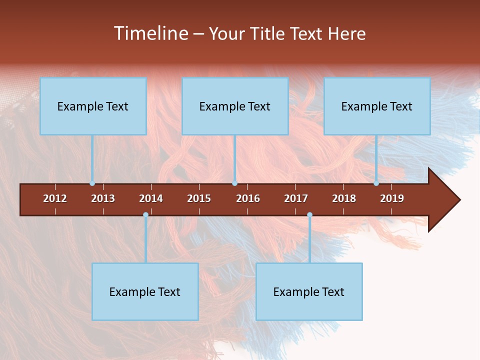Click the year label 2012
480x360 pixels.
pyautogui.click(x=55, y=198)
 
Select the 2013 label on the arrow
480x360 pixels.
pyautogui.click(x=103, y=198)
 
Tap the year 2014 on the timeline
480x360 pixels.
pyautogui.click(x=151, y=198)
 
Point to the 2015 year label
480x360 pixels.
pyautogui.click(x=199, y=198)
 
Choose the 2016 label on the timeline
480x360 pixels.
pyautogui.click(x=248, y=198)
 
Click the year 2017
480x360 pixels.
pyautogui.click(x=296, y=198)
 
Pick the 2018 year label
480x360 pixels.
pyautogui.click(x=344, y=198)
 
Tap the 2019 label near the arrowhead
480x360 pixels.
pyautogui.click(x=392, y=198)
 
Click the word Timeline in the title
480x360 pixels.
pyautogui.click(x=151, y=33)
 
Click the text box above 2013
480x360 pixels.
pyautogui.click(x=93, y=106)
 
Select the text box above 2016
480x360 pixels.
pyautogui.click(x=235, y=106)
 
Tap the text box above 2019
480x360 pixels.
pyautogui.click(x=377, y=106)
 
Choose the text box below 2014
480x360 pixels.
pyautogui.click(x=145, y=291)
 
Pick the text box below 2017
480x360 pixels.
pyautogui.click(x=309, y=291)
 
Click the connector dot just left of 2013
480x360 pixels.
pyautogui.click(x=92, y=183)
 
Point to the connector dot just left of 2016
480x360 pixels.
pyautogui.click(x=234, y=183)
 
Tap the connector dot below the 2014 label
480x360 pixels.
pyautogui.click(x=145, y=215)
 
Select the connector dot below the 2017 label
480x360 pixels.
pyautogui.click(x=309, y=215)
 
